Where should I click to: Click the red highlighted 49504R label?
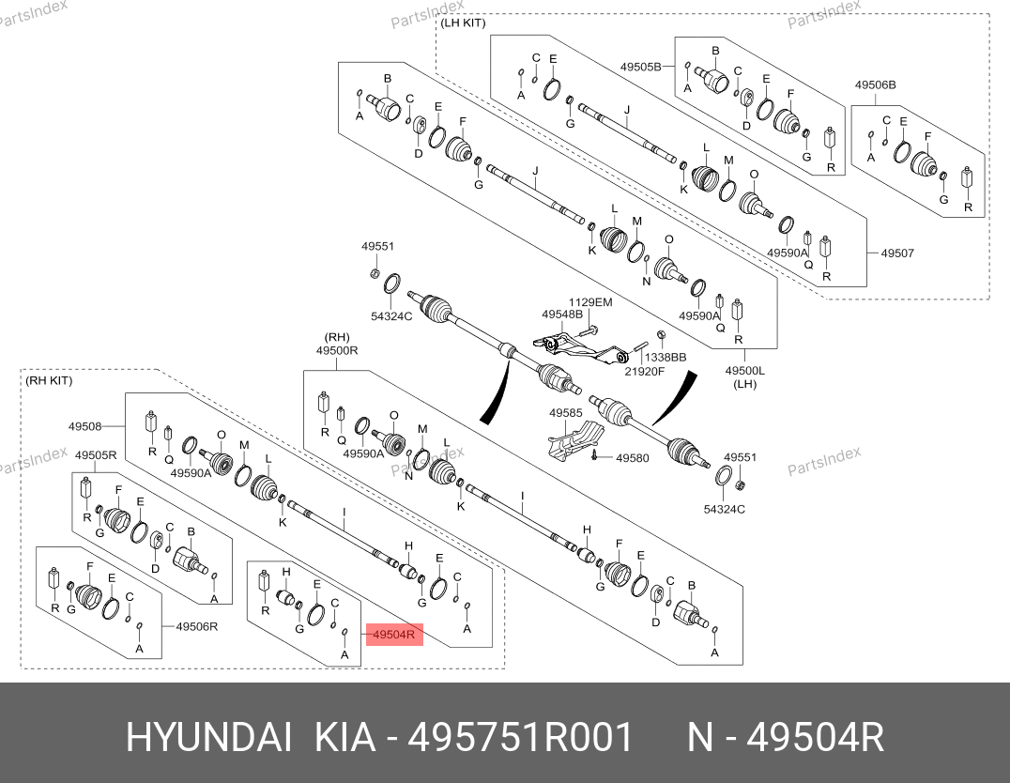pos(394,634)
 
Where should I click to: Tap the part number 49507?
pos(897,253)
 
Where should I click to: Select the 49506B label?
pos(876,84)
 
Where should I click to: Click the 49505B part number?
pos(641,67)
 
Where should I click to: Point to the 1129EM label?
pos(590,302)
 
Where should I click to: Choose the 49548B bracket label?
pos(561,315)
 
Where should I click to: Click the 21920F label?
pos(644,371)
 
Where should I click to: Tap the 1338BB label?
pos(666,357)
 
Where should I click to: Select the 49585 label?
pos(566,412)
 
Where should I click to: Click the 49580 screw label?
pos(633,458)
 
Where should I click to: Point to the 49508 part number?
pos(85,426)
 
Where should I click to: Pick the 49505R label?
pos(96,455)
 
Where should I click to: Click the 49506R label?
pos(197,626)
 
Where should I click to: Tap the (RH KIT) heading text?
pos(49,380)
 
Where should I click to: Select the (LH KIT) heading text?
pos(463,23)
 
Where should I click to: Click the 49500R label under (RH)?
pos(337,350)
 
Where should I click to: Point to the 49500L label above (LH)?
pos(744,371)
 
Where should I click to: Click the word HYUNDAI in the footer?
pos(208,737)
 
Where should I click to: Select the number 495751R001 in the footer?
pos(520,737)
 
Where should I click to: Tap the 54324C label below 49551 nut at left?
pos(391,316)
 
